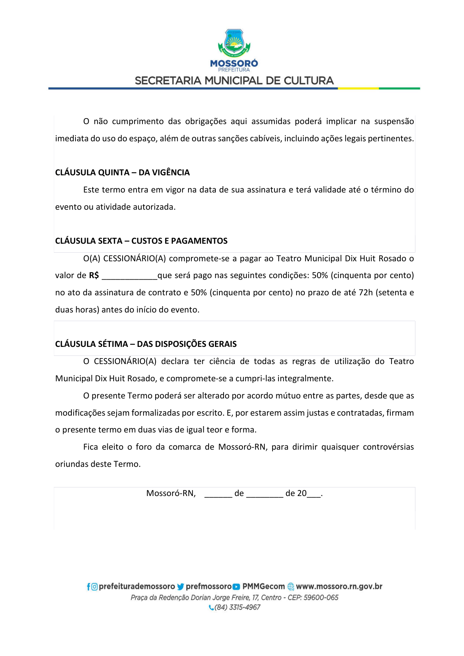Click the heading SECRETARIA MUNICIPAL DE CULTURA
tap(234, 81)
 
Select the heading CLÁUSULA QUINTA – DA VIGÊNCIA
tap(122, 172)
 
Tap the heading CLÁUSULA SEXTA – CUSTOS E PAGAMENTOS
tap(141, 241)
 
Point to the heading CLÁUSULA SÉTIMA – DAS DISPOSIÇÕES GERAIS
tap(146, 344)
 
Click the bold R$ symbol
tap(94, 275)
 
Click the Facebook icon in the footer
tap(89, 587)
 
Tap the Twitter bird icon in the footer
tap(181, 587)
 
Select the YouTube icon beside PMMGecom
tap(236, 587)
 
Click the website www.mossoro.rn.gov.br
tap(339, 586)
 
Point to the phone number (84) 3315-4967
tap(237, 607)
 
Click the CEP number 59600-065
tap(321, 597)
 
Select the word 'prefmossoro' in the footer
tap(209, 586)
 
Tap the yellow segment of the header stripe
tap(358, 89)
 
